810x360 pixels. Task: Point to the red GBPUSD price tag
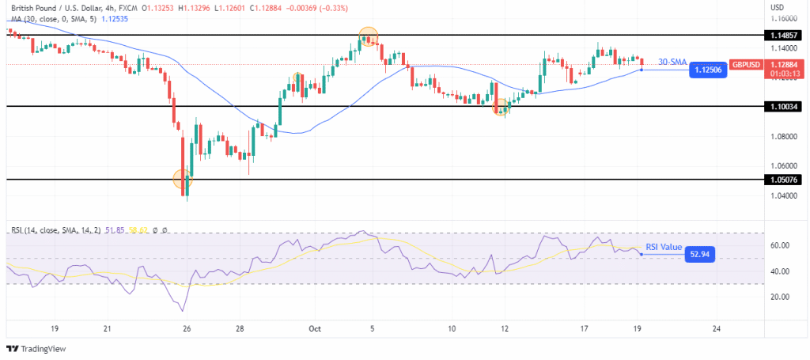pyautogui.click(x=745, y=64)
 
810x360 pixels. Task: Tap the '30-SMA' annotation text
pyautogui.click(x=673, y=63)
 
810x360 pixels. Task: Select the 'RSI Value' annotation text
pyautogui.click(x=664, y=247)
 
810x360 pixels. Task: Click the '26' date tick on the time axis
pyautogui.click(x=186, y=328)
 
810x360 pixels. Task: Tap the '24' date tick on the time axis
pyautogui.click(x=716, y=328)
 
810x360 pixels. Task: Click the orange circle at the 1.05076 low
pyautogui.click(x=183, y=178)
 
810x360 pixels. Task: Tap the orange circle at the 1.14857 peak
pyautogui.click(x=368, y=36)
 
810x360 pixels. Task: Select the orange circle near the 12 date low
pyautogui.click(x=500, y=107)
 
